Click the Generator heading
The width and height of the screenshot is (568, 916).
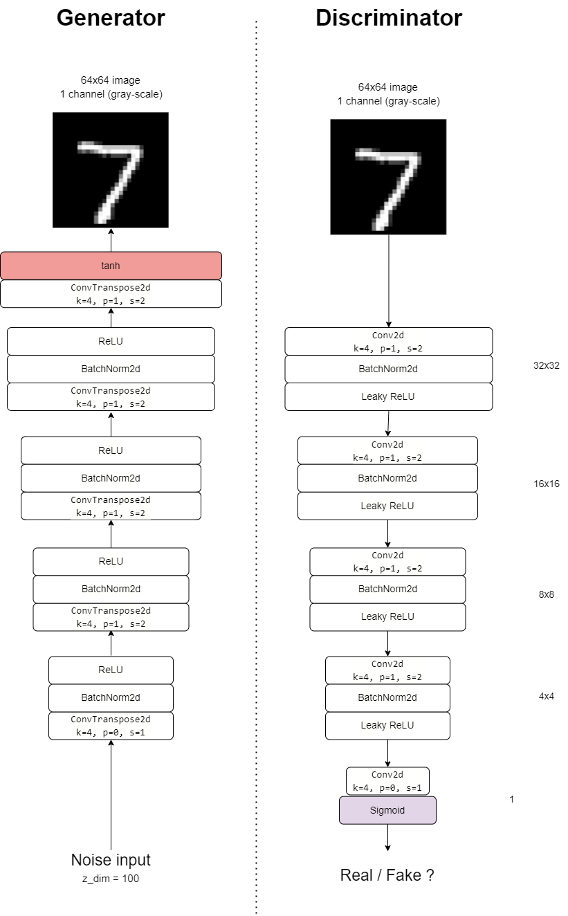click(x=111, y=18)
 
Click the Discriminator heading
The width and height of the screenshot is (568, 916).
click(x=389, y=18)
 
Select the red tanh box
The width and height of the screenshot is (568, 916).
click(x=111, y=266)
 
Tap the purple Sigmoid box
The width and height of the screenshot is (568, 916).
click(x=387, y=810)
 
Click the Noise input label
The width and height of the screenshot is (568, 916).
click(x=111, y=860)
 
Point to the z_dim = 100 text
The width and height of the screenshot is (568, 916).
click(x=111, y=879)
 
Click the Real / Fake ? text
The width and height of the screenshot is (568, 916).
click(x=387, y=874)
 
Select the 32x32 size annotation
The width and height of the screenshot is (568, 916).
click(x=546, y=365)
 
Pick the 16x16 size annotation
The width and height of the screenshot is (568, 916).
click(x=546, y=484)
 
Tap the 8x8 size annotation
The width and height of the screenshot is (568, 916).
click(x=546, y=594)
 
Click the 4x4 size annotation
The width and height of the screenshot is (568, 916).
click(x=546, y=696)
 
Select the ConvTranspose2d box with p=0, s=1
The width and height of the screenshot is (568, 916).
click(x=111, y=726)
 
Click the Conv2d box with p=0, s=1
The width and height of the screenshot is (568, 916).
click(x=387, y=781)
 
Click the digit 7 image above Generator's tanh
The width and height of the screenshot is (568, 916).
click(x=111, y=170)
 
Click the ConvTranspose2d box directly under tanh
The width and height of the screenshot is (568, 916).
click(x=111, y=293)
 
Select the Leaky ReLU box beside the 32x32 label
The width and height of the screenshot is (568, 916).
click(x=388, y=397)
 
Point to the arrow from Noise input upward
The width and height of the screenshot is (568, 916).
click(x=111, y=796)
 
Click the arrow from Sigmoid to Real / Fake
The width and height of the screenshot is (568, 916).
click(x=387, y=837)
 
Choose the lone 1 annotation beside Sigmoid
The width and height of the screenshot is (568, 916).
click(x=511, y=800)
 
